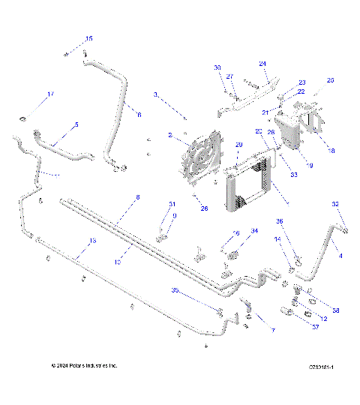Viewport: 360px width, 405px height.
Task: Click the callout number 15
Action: (88, 38)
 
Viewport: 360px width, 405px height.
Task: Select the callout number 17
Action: (51, 94)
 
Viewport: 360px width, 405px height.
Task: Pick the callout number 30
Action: (217, 68)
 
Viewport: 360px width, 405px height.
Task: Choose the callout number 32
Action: (335, 204)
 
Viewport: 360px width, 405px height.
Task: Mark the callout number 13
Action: (92, 241)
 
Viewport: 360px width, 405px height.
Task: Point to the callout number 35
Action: (175, 289)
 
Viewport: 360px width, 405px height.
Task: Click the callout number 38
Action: (335, 310)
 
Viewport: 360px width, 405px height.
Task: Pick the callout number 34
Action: (254, 231)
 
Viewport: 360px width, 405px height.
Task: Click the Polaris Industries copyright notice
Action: (84, 365)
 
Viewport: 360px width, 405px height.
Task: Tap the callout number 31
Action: (172, 205)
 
